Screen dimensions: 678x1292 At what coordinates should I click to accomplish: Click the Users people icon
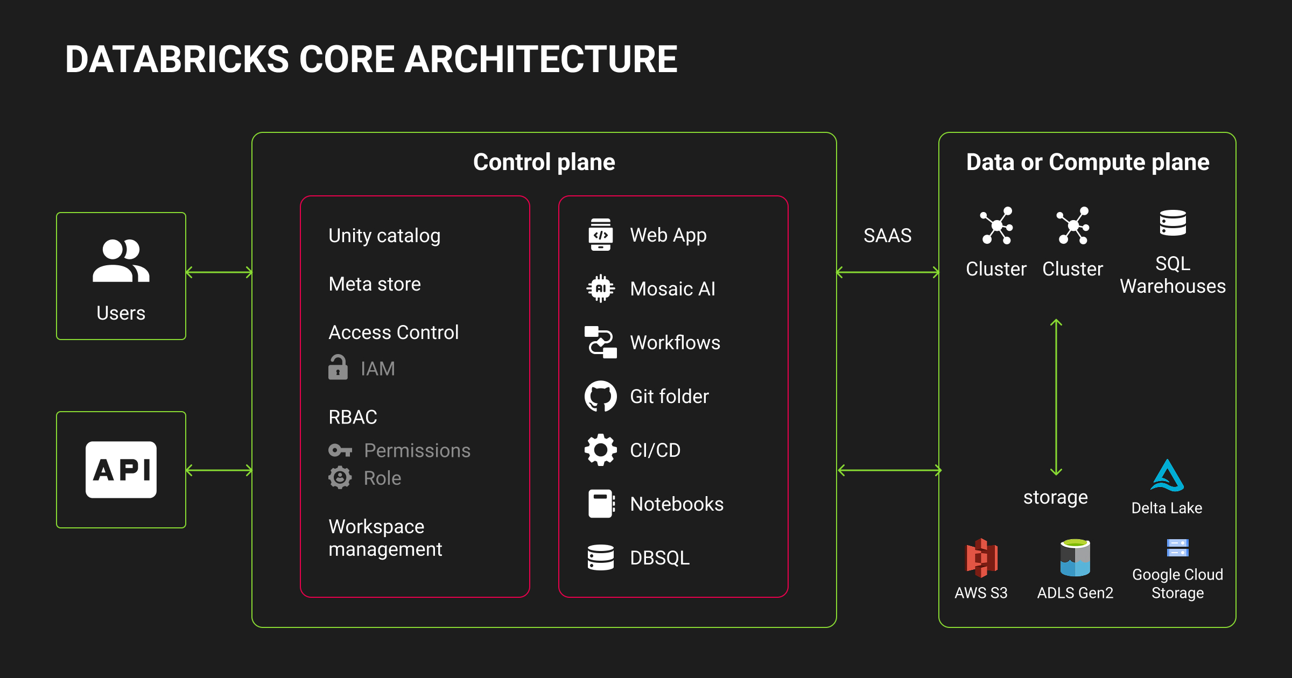(121, 261)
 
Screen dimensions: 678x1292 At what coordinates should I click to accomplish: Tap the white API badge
(121, 470)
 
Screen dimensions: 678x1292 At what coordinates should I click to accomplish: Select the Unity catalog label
(384, 236)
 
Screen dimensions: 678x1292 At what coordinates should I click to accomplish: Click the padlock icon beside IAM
(338, 368)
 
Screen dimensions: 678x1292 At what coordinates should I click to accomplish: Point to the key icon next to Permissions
(340, 450)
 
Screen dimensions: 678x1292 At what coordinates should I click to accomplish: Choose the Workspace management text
(385, 538)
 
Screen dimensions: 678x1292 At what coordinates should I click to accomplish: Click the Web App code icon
(600, 235)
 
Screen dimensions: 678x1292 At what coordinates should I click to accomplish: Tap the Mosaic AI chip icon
(600, 289)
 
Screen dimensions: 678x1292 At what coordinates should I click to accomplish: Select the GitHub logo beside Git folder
(600, 397)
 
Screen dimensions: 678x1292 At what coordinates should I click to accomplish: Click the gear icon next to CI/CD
(600, 450)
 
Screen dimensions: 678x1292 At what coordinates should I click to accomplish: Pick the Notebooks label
(677, 504)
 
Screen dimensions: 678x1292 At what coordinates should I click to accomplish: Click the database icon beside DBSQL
(600, 557)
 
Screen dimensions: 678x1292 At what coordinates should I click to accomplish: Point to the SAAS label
(887, 236)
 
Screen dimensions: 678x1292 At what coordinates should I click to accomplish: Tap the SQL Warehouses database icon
(1172, 223)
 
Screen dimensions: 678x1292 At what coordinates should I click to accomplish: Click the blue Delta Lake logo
(1167, 476)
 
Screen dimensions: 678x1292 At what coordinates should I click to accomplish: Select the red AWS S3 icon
(981, 557)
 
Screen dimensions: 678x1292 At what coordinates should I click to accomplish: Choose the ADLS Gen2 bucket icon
(1075, 557)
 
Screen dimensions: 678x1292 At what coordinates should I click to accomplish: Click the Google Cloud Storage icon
(1177, 548)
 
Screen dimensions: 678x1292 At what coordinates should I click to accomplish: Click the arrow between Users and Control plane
(219, 272)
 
